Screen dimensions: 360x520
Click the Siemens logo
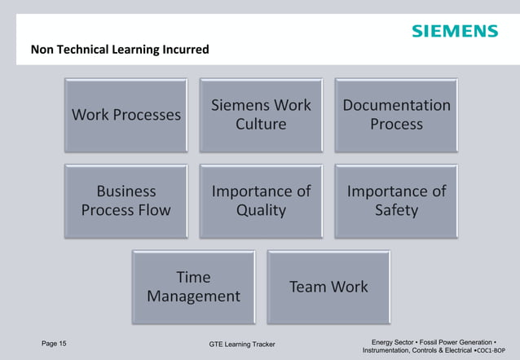(454, 31)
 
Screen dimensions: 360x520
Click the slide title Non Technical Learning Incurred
(120, 50)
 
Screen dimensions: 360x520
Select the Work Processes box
(126, 115)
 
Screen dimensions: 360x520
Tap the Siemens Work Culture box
(262, 115)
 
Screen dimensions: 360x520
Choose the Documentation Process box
(396, 115)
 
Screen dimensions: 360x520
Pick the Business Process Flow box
(126, 200)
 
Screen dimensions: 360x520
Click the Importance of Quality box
(262, 200)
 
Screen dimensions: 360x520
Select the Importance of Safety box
(396, 200)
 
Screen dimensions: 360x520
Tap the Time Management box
(193, 287)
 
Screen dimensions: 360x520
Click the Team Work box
(328, 287)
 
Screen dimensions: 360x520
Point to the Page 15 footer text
(54, 343)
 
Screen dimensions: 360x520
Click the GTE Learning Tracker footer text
(242, 345)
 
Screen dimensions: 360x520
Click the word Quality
(261, 210)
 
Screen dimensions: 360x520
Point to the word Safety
(396, 210)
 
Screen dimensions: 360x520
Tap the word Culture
(261, 125)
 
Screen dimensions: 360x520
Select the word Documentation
(396, 106)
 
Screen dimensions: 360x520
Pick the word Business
(126, 191)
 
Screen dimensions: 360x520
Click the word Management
(193, 296)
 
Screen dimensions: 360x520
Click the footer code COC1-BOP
(496, 350)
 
